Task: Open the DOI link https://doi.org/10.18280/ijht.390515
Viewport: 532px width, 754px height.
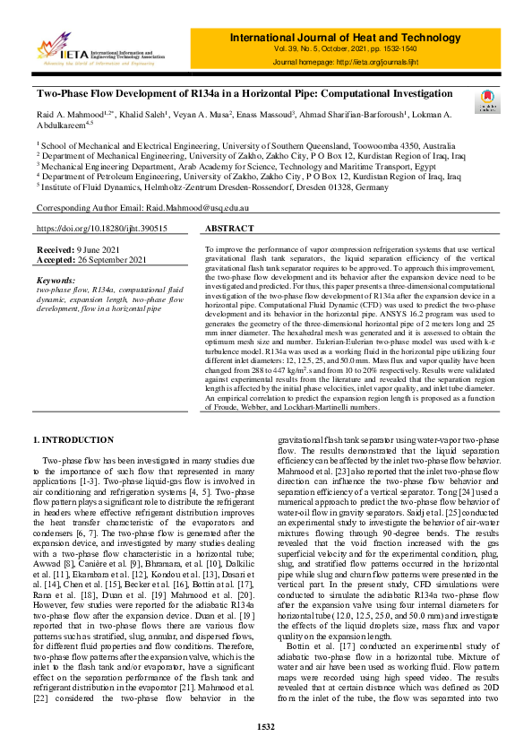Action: pos(102,230)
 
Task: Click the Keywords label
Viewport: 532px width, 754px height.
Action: pos(56,280)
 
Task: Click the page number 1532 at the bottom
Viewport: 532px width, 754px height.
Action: pos(265,726)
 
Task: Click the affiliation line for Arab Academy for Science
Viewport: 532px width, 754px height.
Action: pos(237,166)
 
